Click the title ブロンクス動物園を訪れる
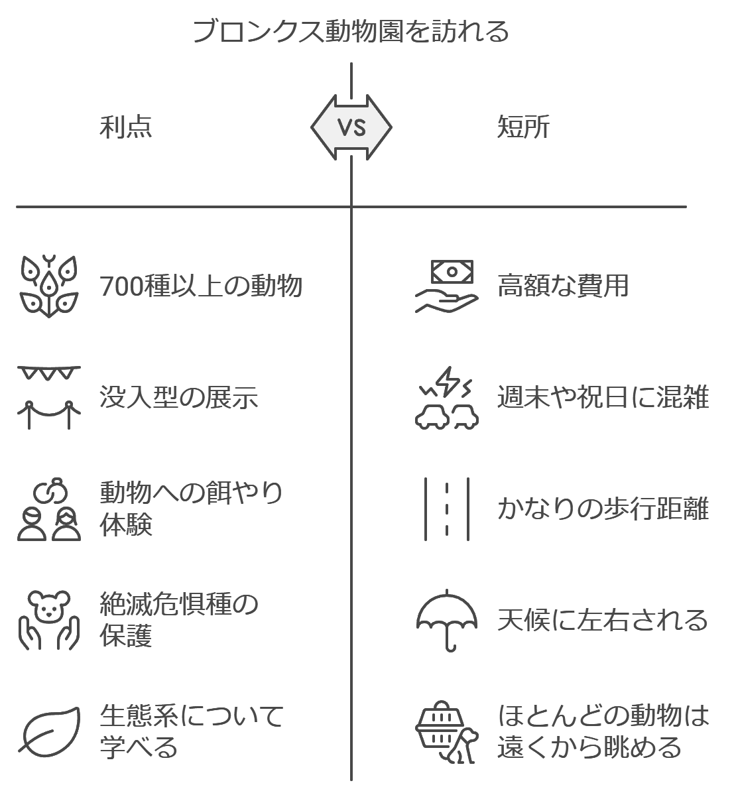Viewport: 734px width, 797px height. coord(351,31)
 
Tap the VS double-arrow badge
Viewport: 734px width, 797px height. coord(351,127)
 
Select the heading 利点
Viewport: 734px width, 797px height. coord(125,127)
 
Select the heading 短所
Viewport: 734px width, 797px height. coord(523,127)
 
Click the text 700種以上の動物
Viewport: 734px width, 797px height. coord(201,286)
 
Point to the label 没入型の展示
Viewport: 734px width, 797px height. coord(179,397)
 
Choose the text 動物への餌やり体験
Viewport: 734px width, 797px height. coord(191,509)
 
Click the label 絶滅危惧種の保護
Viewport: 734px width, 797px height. coord(179,620)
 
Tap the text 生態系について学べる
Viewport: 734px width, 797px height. coord(192,731)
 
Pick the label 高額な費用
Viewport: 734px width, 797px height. coord(563,286)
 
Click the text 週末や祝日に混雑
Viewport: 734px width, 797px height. coord(603,397)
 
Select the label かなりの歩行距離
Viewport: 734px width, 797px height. coord(603,509)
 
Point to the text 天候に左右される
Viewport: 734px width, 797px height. coord(603,620)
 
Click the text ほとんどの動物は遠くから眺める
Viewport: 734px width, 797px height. coord(603,731)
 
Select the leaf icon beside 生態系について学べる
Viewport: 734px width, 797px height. coord(49,731)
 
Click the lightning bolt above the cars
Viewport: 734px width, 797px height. coord(448,381)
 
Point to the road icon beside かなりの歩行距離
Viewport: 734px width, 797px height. coord(447,509)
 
